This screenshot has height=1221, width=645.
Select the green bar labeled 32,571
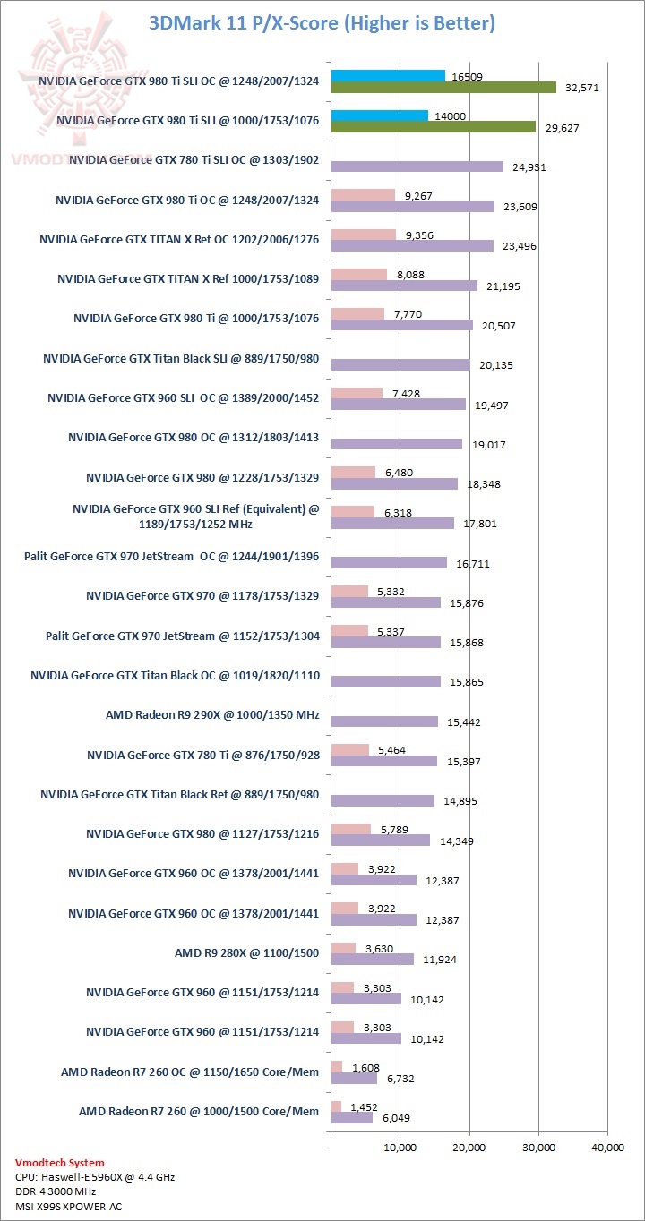click(x=443, y=88)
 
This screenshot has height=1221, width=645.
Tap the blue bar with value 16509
click(x=388, y=76)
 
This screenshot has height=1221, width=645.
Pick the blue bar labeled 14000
click(x=379, y=115)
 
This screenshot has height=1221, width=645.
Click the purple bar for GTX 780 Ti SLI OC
click(x=417, y=166)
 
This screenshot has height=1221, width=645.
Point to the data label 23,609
click(x=521, y=207)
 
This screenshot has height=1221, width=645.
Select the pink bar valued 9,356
click(x=364, y=235)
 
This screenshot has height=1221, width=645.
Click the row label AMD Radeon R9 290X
click(x=212, y=716)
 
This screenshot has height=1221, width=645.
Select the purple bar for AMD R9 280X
click(x=372, y=960)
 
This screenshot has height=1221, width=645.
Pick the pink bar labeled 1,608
click(x=337, y=1066)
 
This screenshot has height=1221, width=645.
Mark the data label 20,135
click(x=495, y=365)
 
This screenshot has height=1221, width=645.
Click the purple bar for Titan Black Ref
click(x=383, y=801)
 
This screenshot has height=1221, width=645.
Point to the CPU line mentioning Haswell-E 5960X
click(x=95, y=1177)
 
